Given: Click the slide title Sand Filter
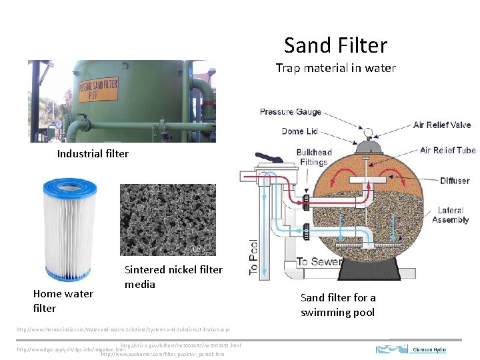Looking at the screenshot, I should click(x=335, y=45).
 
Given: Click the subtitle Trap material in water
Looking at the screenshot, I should click(x=335, y=68).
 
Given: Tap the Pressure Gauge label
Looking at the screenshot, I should click(x=290, y=112).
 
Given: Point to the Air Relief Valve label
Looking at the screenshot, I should click(x=442, y=125).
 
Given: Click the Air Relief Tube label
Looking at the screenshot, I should click(x=447, y=150).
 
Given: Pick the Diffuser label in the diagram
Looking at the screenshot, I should click(x=454, y=181).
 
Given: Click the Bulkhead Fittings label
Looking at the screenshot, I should click(x=313, y=157).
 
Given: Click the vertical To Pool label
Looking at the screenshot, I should click(x=253, y=257).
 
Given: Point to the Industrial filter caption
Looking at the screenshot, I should click(x=93, y=154).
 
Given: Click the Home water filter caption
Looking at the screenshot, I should click(x=63, y=301).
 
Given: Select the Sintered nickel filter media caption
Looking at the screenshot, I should click(x=173, y=277).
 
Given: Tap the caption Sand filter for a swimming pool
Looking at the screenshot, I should click(x=338, y=305).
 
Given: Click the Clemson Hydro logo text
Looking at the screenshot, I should click(x=429, y=349).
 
